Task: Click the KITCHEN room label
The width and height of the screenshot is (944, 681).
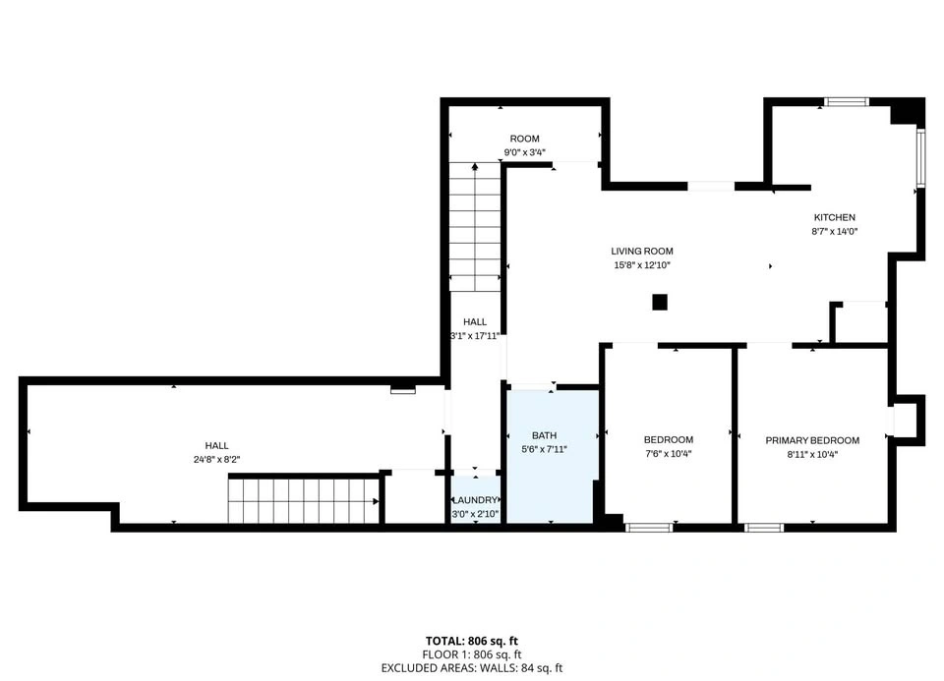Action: [835, 217]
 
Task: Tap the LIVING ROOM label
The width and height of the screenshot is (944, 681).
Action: [642, 251]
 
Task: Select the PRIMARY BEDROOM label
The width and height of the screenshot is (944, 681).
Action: [812, 440]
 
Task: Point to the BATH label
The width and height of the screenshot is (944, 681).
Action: [544, 435]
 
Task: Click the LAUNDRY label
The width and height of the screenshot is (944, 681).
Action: [475, 500]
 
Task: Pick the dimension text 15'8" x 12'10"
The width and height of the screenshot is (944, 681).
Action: [642, 264]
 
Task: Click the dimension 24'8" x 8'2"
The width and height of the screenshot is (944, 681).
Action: [216, 459]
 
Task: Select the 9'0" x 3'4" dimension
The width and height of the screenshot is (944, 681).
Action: [524, 152]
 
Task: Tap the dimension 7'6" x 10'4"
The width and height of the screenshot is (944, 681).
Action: [669, 454]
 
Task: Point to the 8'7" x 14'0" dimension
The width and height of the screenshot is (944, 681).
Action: [835, 231]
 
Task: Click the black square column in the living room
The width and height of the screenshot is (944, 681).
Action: [660, 302]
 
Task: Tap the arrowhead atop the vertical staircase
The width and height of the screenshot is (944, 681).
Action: [475, 166]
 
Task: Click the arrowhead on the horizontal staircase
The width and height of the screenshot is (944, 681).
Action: [376, 501]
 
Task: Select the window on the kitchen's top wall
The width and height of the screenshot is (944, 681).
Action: [847, 101]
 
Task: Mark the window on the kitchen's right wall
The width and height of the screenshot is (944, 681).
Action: [920, 157]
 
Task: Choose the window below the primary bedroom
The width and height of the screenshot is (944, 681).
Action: [764, 528]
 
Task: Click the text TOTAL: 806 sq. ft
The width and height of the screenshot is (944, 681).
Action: [471, 641]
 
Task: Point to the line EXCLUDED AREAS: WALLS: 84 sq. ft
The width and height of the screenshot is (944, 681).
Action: [471, 668]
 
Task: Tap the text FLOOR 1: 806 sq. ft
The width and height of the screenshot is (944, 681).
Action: [471, 654]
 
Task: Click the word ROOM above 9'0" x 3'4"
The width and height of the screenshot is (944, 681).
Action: [524, 139]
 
